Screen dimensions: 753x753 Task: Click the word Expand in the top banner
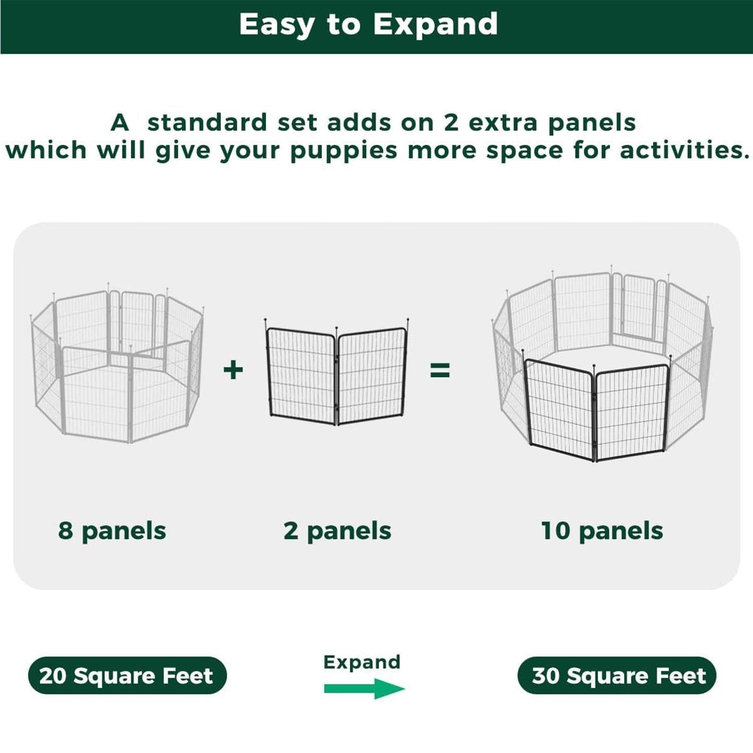point(435,24)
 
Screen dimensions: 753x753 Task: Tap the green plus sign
point(233,370)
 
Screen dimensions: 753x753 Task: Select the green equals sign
point(440,370)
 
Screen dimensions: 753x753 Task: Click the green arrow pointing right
point(364,688)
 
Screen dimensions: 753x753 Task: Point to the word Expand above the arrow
point(361,662)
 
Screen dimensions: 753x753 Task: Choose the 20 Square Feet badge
point(127,676)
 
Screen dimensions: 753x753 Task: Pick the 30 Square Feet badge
point(617,676)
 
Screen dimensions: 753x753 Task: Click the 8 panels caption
point(112,531)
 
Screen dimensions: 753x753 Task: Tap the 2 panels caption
point(337,531)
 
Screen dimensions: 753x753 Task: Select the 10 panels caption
point(602,531)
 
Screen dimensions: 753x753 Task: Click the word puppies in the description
point(343,151)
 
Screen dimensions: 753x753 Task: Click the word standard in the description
point(207,123)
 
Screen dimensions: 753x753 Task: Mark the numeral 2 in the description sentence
point(451,123)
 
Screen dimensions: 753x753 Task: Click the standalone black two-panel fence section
point(336,374)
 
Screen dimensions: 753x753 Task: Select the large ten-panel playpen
point(602,366)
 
